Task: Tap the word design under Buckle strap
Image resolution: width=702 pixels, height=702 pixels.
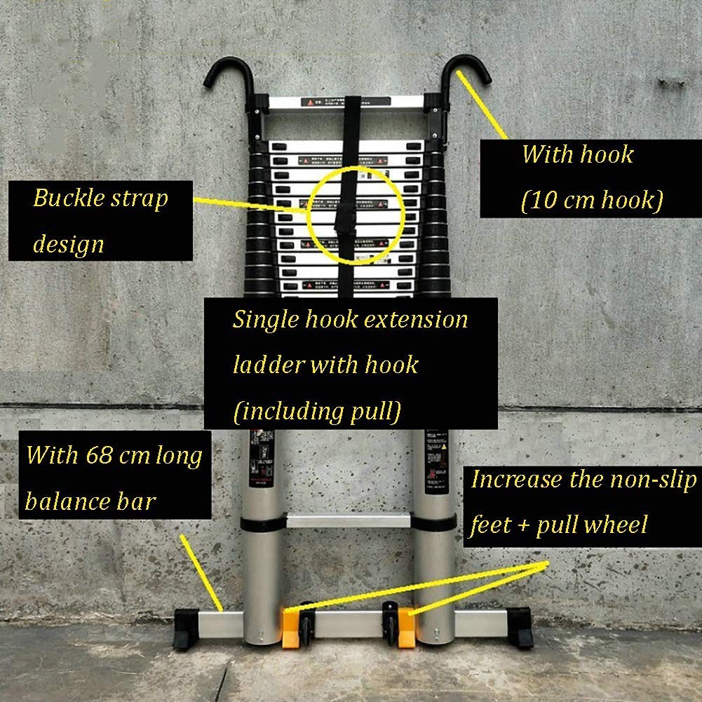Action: click(x=68, y=244)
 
